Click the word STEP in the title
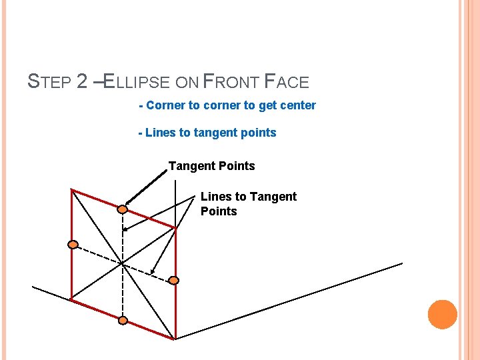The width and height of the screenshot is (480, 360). point(49,82)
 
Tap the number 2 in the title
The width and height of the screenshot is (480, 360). point(82,82)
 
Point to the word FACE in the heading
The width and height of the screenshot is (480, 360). point(287,82)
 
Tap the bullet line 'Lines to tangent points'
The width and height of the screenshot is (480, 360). point(207,133)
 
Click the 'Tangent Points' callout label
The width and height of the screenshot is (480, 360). point(211,165)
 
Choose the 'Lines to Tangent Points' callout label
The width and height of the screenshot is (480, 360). point(248,203)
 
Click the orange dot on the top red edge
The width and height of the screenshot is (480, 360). point(123,210)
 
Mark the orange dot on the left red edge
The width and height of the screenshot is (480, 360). point(73,245)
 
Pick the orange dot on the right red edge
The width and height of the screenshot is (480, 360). point(173,281)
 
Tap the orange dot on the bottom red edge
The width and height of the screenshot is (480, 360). point(123,321)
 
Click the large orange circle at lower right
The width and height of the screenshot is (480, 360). point(442,314)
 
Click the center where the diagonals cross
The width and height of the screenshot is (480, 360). point(123,264)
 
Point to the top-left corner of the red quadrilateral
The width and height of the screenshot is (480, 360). point(72,190)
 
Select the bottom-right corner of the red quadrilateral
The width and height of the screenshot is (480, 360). point(175,339)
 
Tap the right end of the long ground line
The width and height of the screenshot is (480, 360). point(402,263)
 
